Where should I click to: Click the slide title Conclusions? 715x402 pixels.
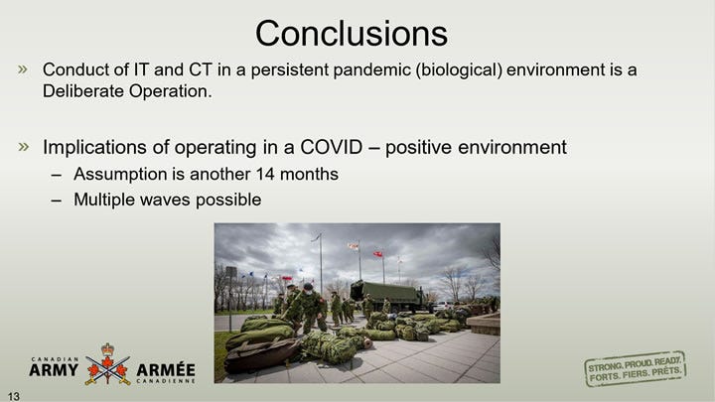352,34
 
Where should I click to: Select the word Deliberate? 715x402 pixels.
83,91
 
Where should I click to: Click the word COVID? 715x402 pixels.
331,147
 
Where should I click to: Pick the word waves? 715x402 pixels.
165,200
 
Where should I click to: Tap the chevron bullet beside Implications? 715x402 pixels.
23,147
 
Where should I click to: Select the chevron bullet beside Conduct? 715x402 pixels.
23,69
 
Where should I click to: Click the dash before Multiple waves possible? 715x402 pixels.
57,201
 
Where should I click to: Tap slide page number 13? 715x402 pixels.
14,396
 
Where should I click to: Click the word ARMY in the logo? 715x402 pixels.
54,370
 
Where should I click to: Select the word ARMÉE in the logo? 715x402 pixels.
166,369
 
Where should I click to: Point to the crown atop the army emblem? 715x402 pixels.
107,349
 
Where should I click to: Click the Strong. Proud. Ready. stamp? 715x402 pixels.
636,368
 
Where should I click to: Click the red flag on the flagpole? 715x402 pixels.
378,254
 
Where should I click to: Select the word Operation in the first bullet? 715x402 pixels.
171,91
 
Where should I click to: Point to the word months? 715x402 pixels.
309,174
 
